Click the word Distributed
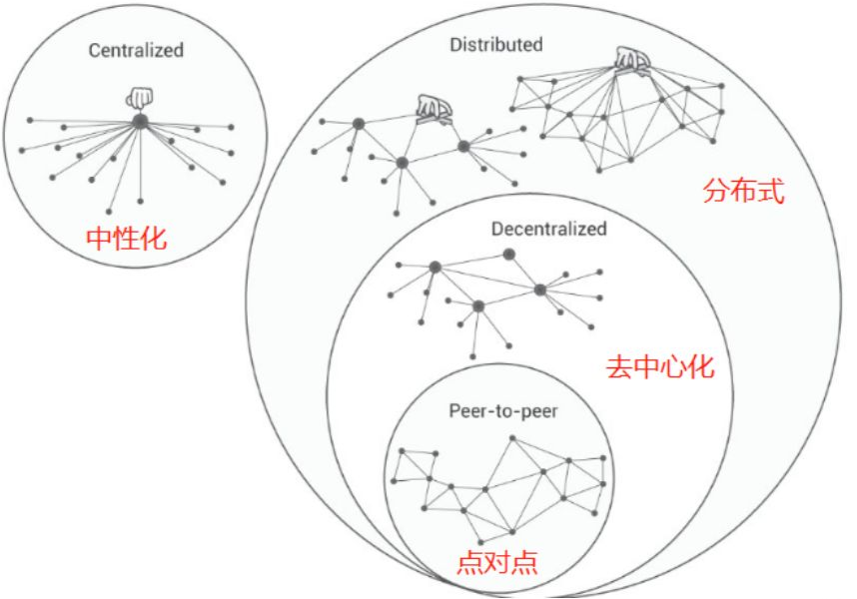[496, 44]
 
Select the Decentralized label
[548, 229]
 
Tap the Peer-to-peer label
[488, 409]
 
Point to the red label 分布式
[744, 192]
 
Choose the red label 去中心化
[660, 365]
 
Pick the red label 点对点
[497, 561]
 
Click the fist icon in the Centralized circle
[140, 97]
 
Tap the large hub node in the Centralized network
[141, 121]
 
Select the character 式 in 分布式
[772, 192]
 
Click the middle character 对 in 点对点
[497, 561]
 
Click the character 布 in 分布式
[744, 192]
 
